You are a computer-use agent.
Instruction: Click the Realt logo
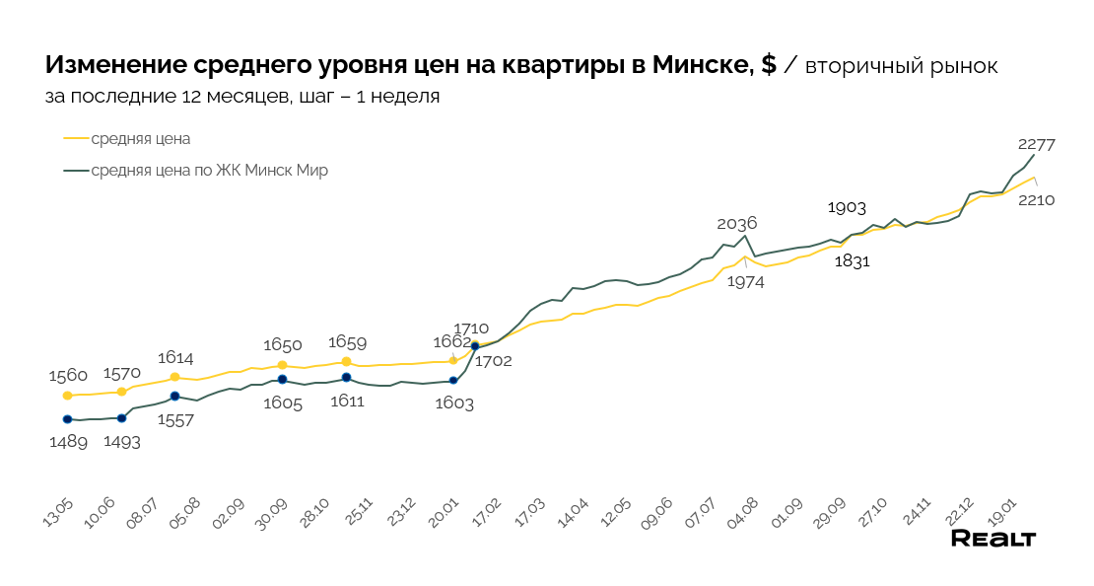coord(992,539)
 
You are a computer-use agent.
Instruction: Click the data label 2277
coord(1037,144)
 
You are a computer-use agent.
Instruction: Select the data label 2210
coord(1036,199)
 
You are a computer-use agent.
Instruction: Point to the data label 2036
coord(736,223)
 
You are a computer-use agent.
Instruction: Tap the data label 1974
coord(745,281)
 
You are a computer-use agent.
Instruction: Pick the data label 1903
coord(847,207)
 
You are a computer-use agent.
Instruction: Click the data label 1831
coord(853,261)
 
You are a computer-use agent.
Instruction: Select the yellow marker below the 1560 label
coord(67,396)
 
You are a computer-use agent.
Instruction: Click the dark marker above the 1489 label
coord(67,419)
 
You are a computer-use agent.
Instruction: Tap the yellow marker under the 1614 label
coord(174,377)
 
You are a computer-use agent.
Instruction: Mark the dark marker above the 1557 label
coord(174,397)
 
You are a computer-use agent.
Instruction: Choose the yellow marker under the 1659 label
coord(346,362)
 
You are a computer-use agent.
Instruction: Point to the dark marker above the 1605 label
coord(282,380)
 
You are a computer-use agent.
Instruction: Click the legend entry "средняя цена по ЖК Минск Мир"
coord(209,171)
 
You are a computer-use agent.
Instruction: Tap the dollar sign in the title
coord(769,66)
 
